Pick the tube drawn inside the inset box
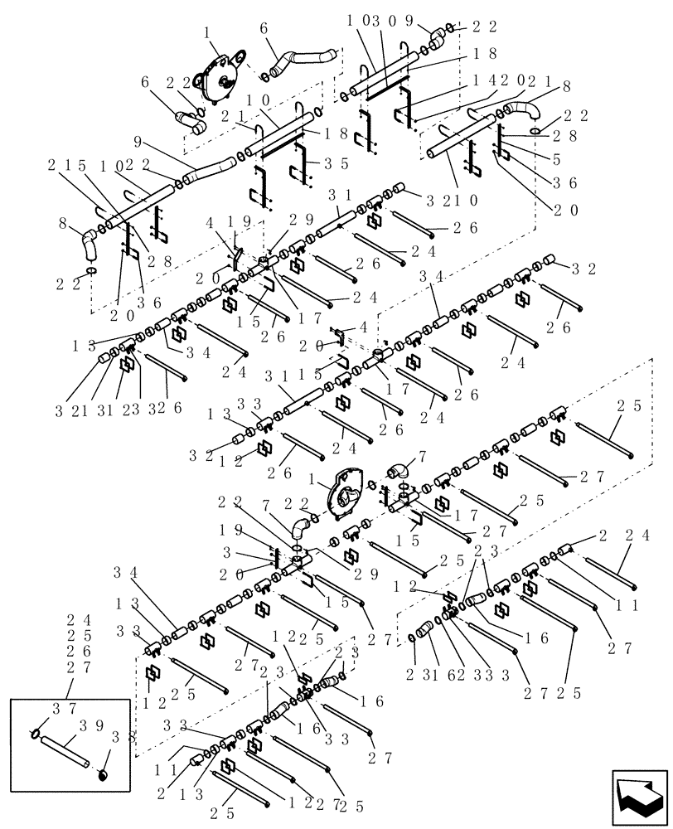[64, 750]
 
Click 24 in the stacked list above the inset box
[71, 619]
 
